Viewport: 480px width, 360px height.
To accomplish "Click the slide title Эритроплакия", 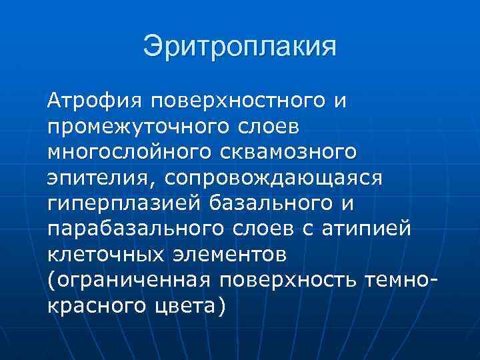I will [239, 47].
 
